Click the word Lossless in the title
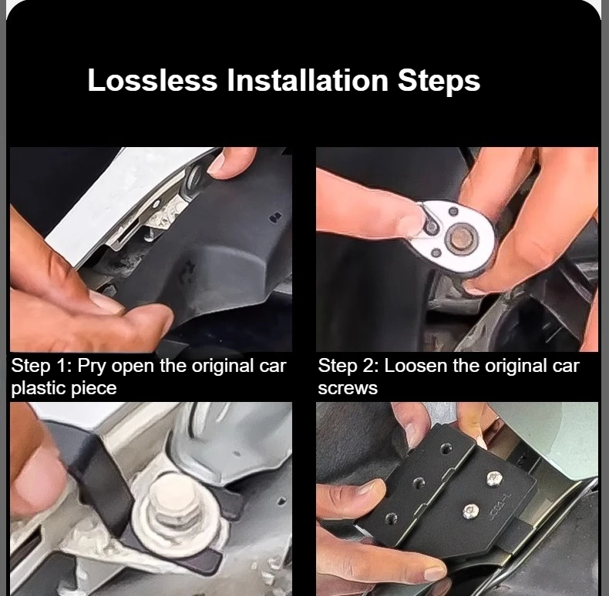(x=153, y=80)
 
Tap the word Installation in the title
(x=308, y=80)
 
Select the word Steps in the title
(x=439, y=82)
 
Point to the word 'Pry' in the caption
(x=92, y=367)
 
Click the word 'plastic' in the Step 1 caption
(x=35, y=388)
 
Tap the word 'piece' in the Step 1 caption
(x=90, y=389)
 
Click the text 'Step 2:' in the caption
(x=348, y=366)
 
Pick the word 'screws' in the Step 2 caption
(x=348, y=389)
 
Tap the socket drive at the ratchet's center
(x=463, y=237)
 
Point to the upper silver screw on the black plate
(x=493, y=477)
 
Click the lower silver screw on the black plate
(x=470, y=511)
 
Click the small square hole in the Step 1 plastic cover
(x=276, y=217)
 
